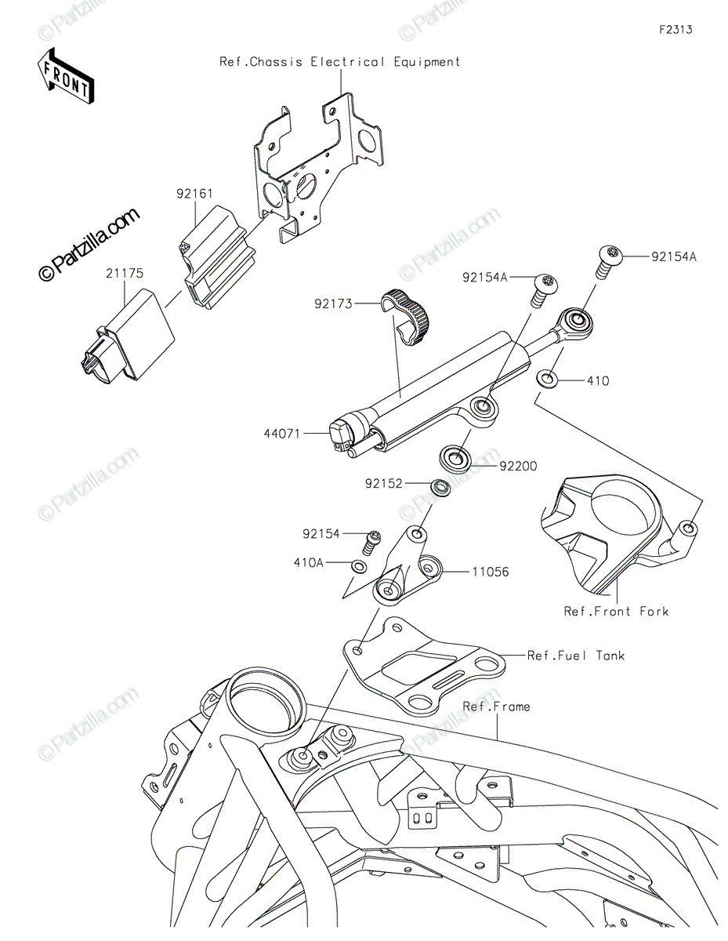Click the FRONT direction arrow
pos(65,77)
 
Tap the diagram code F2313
pos(675,30)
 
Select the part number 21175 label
pos(125,273)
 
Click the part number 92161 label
pos(194,194)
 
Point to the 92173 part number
pos(334,304)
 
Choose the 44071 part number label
pos(282,433)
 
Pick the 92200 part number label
pos(518,467)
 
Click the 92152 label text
pos(384,483)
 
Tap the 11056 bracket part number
pos(490,572)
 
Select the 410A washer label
pos(309,562)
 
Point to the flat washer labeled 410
pos(547,380)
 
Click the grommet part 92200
pos(455,458)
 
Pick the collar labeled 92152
pos(440,488)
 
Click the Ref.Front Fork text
pos(616,612)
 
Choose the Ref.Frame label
pos(497,707)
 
